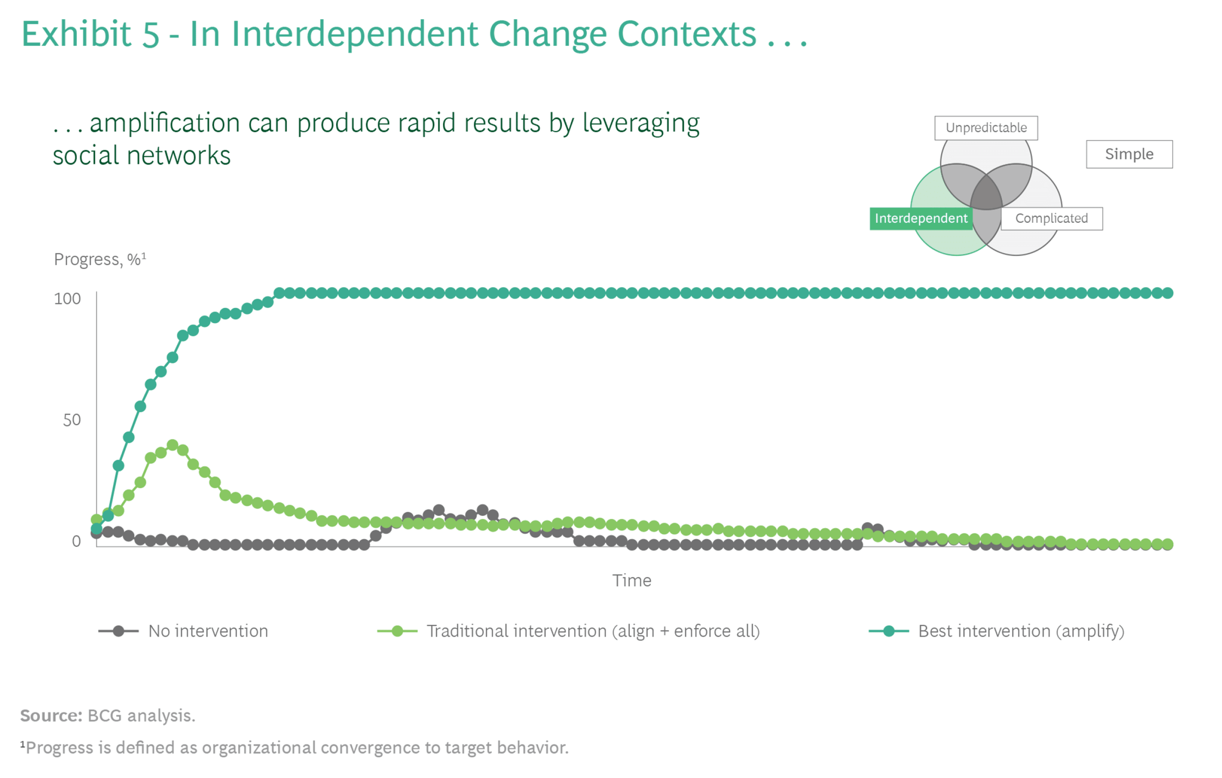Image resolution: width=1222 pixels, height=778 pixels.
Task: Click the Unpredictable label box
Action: [986, 128]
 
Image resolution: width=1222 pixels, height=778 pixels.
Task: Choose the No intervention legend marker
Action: [118, 631]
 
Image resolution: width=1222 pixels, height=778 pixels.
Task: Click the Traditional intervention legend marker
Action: [397, 631]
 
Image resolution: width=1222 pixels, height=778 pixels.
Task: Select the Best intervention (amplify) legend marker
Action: [888, 631]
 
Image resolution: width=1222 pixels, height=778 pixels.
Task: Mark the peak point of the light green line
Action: [173, 445]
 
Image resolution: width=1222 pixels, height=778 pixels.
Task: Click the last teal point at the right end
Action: [1167, 293]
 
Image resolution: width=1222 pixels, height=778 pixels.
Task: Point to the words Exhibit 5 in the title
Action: [90, 34]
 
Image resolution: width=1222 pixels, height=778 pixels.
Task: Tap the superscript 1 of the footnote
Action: [22, 744]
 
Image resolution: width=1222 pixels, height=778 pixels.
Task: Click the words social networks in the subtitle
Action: [142, 155]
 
